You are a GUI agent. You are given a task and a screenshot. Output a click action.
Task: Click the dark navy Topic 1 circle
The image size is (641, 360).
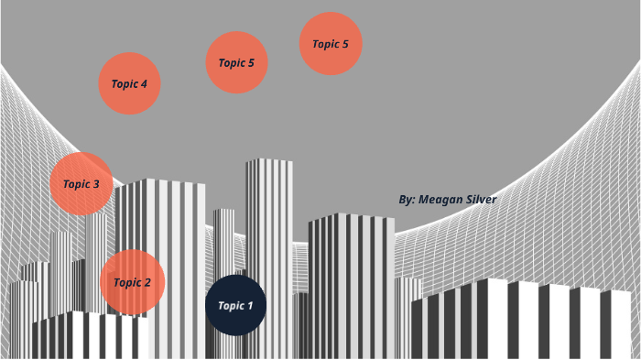click(235, 305)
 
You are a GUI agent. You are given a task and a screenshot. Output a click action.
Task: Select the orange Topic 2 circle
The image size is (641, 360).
click(132, 282)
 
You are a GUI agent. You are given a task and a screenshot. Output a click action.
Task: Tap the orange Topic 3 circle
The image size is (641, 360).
click(81, 184)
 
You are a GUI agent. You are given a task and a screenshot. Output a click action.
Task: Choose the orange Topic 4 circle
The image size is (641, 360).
click(129, 83)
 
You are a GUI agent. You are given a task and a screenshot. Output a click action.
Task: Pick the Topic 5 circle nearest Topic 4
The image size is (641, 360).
click(235, 62)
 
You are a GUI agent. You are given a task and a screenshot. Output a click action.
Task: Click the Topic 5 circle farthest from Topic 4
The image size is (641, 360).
click(330, 43)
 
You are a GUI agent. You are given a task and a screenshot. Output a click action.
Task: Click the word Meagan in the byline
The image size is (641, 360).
click(442, 199)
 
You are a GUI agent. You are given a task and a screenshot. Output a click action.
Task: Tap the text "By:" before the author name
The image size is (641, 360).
click(407, 199)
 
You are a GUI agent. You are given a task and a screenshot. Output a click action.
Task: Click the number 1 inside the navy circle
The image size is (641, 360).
click(250, 305)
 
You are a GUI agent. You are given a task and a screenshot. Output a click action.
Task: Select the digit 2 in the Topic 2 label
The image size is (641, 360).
click(147, 282)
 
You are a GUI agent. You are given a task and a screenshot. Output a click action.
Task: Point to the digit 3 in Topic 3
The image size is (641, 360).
click(96, 184)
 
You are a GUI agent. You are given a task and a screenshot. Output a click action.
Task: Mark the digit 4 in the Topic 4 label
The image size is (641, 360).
click(144, 83)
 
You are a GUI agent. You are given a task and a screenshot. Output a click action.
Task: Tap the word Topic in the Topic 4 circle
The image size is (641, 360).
click(124, 83)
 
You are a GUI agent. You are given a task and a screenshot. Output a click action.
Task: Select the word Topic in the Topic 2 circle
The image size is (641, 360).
click(126, 282)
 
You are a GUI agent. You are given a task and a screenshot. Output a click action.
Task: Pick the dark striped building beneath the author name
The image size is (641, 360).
click(351, 275)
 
